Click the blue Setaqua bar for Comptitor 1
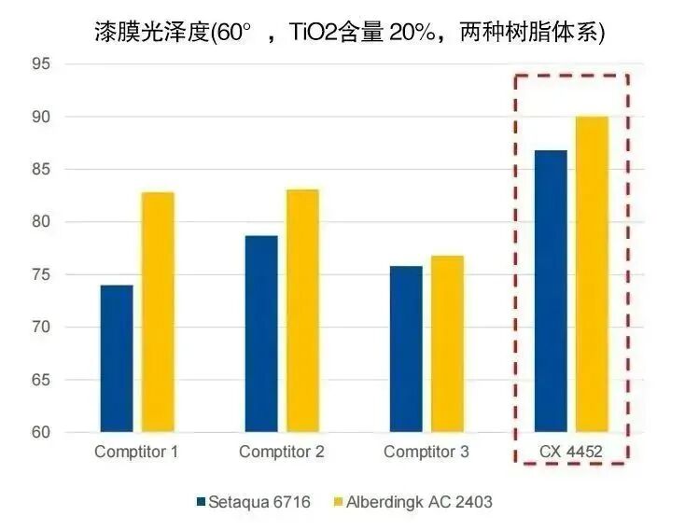[x=117, y=358]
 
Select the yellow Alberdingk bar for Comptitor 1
[x=158, y=312]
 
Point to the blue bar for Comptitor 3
[x=406, y=349]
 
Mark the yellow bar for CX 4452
[x=592, y=274]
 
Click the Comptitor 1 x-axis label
[x=136, y=453]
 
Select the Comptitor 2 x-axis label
[x=282, y=453]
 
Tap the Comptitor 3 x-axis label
[x=426, y=453]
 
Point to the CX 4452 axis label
[x=571, y=453]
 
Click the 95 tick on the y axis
[x=40, y=64]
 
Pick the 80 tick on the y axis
[x=40, y=222]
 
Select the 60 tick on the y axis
[x=40, y=433]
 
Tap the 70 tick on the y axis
[x=40, y=328]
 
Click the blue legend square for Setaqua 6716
[x=201, y=502]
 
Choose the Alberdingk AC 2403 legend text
[x=419, y=502]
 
